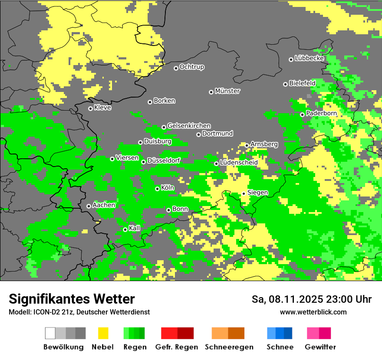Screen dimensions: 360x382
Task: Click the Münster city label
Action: point(227,91)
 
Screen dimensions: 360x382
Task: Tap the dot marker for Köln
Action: point(157,189)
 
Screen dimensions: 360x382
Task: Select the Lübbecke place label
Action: point(310,58)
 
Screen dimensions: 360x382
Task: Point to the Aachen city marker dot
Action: point(89,206)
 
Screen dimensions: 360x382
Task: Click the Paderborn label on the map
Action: point(321,113)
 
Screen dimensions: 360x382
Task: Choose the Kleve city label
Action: point(102,108)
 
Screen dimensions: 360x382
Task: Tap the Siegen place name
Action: point(257,193)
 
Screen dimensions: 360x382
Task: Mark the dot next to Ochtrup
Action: point(176,68)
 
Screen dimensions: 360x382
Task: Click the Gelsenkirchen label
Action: point(189,126)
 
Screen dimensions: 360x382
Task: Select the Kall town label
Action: point(135,228)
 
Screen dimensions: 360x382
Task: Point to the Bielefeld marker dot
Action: point(285,84)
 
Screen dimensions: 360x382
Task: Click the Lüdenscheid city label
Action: point(239,163)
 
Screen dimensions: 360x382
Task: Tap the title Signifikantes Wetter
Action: point(72,299)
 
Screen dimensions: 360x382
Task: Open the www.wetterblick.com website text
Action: point(313,312)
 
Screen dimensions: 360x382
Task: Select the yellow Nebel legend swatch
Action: point(103,333)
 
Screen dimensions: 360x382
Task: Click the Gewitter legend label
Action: point(320,347)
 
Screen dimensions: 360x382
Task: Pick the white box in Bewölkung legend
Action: point(50,333)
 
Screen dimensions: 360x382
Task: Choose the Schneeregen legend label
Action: point(229,347)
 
